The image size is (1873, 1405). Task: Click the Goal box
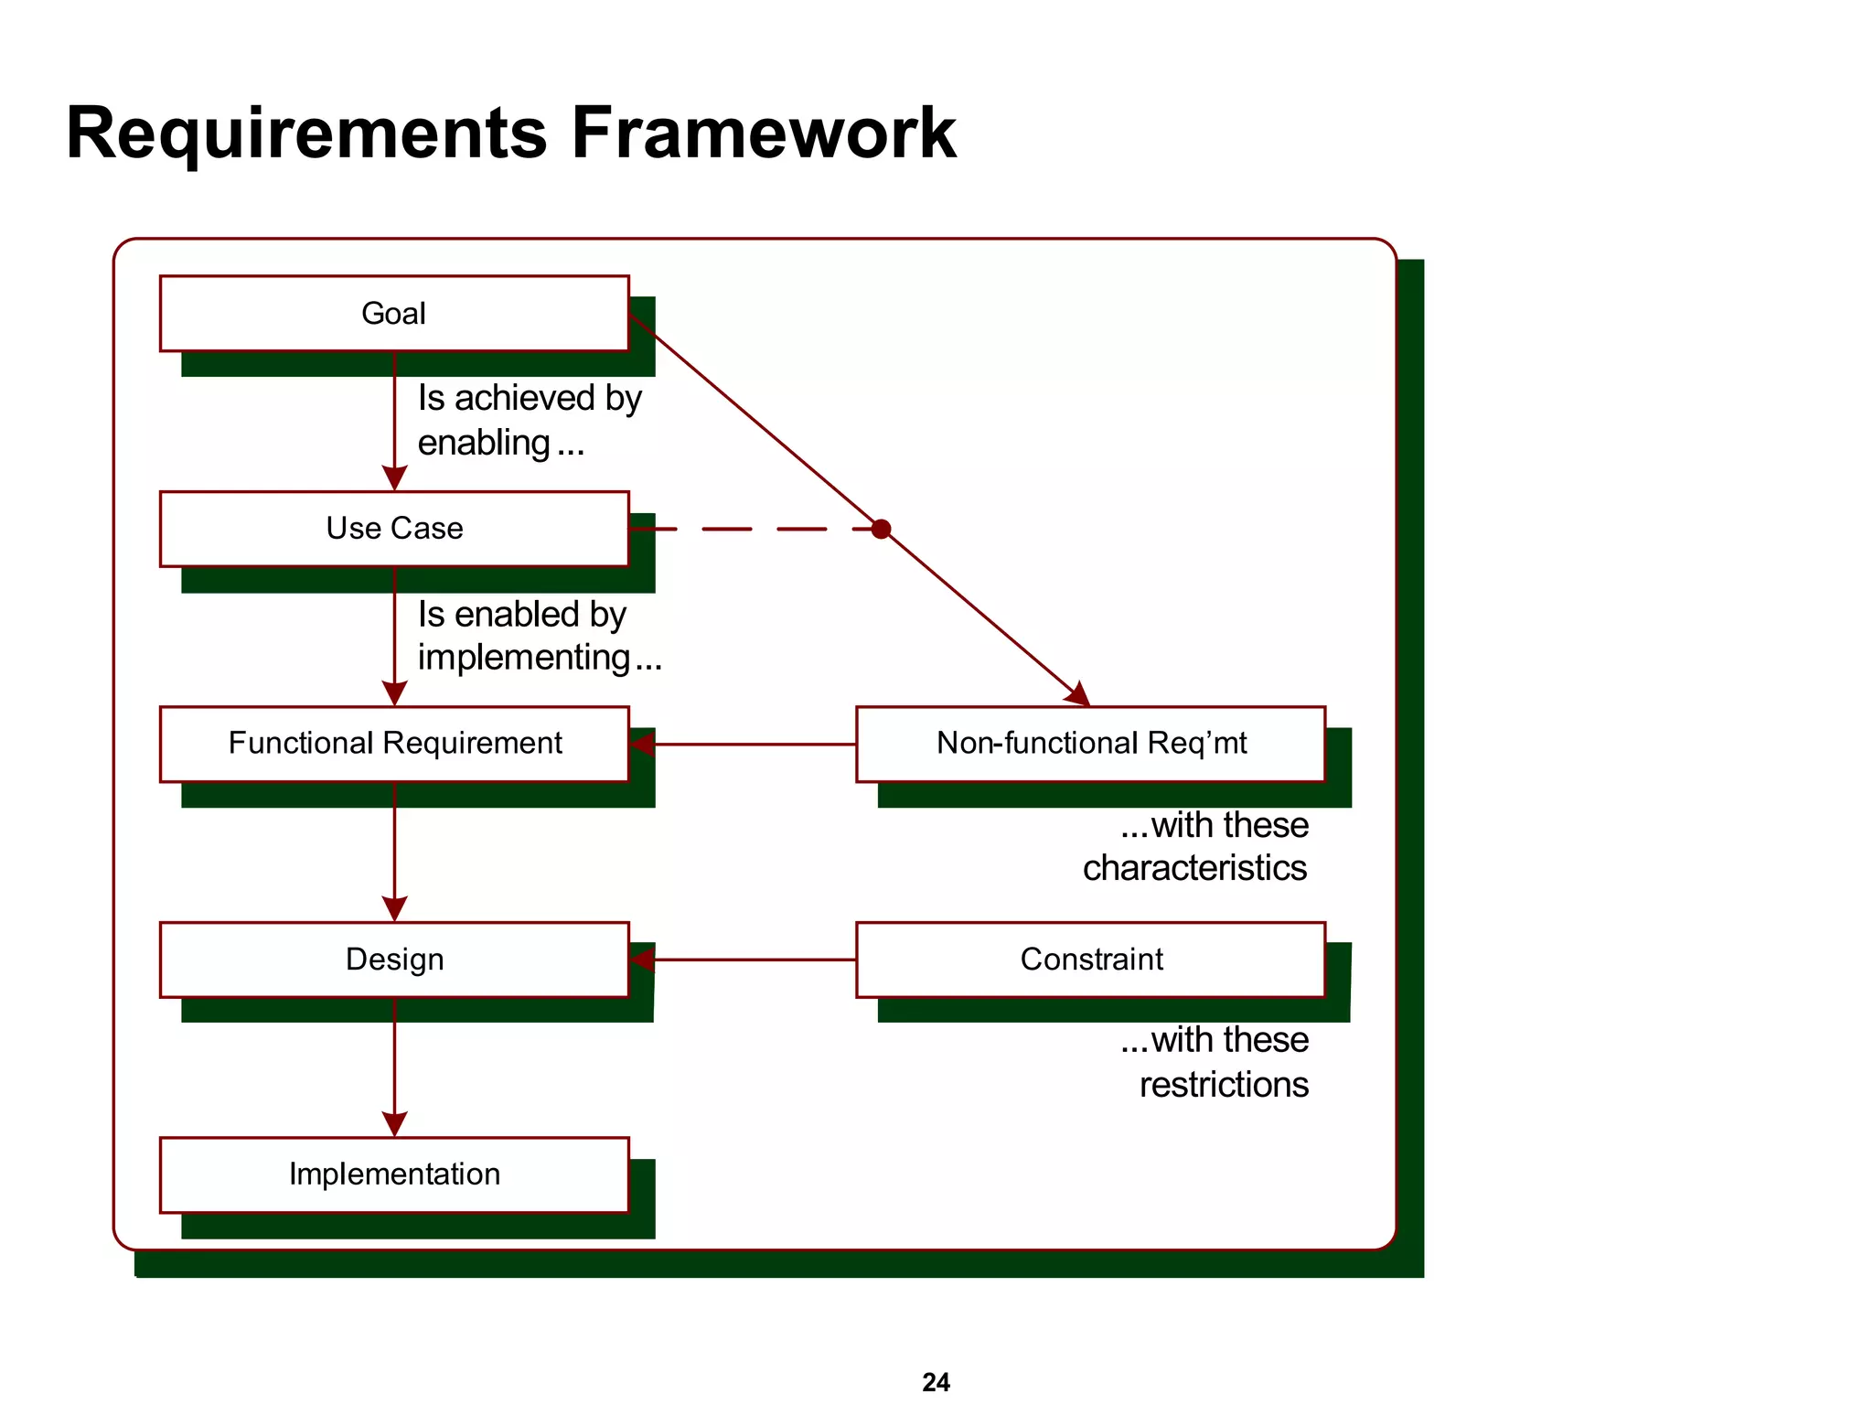(394, 314)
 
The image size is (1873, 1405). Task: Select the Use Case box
(394, 529)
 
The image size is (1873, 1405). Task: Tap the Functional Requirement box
(394, 744)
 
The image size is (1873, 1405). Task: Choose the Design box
(394, 960)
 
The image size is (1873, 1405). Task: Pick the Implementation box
(394, 1174)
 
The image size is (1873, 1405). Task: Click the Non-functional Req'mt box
(1090, 744)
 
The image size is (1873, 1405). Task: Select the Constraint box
(1090, 960)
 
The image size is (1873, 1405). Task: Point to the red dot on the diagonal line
(881, 529)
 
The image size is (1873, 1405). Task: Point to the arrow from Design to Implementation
(394, 1066)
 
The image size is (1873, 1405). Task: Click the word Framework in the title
(764, 134)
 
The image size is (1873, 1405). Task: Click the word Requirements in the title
(306, 134)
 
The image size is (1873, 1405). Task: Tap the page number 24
(936, 1381)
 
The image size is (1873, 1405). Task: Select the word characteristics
(1194, 868)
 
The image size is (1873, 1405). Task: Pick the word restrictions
(1224, 1085)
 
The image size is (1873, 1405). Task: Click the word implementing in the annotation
(524, 658)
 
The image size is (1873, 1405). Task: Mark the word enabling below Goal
(484, 444)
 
